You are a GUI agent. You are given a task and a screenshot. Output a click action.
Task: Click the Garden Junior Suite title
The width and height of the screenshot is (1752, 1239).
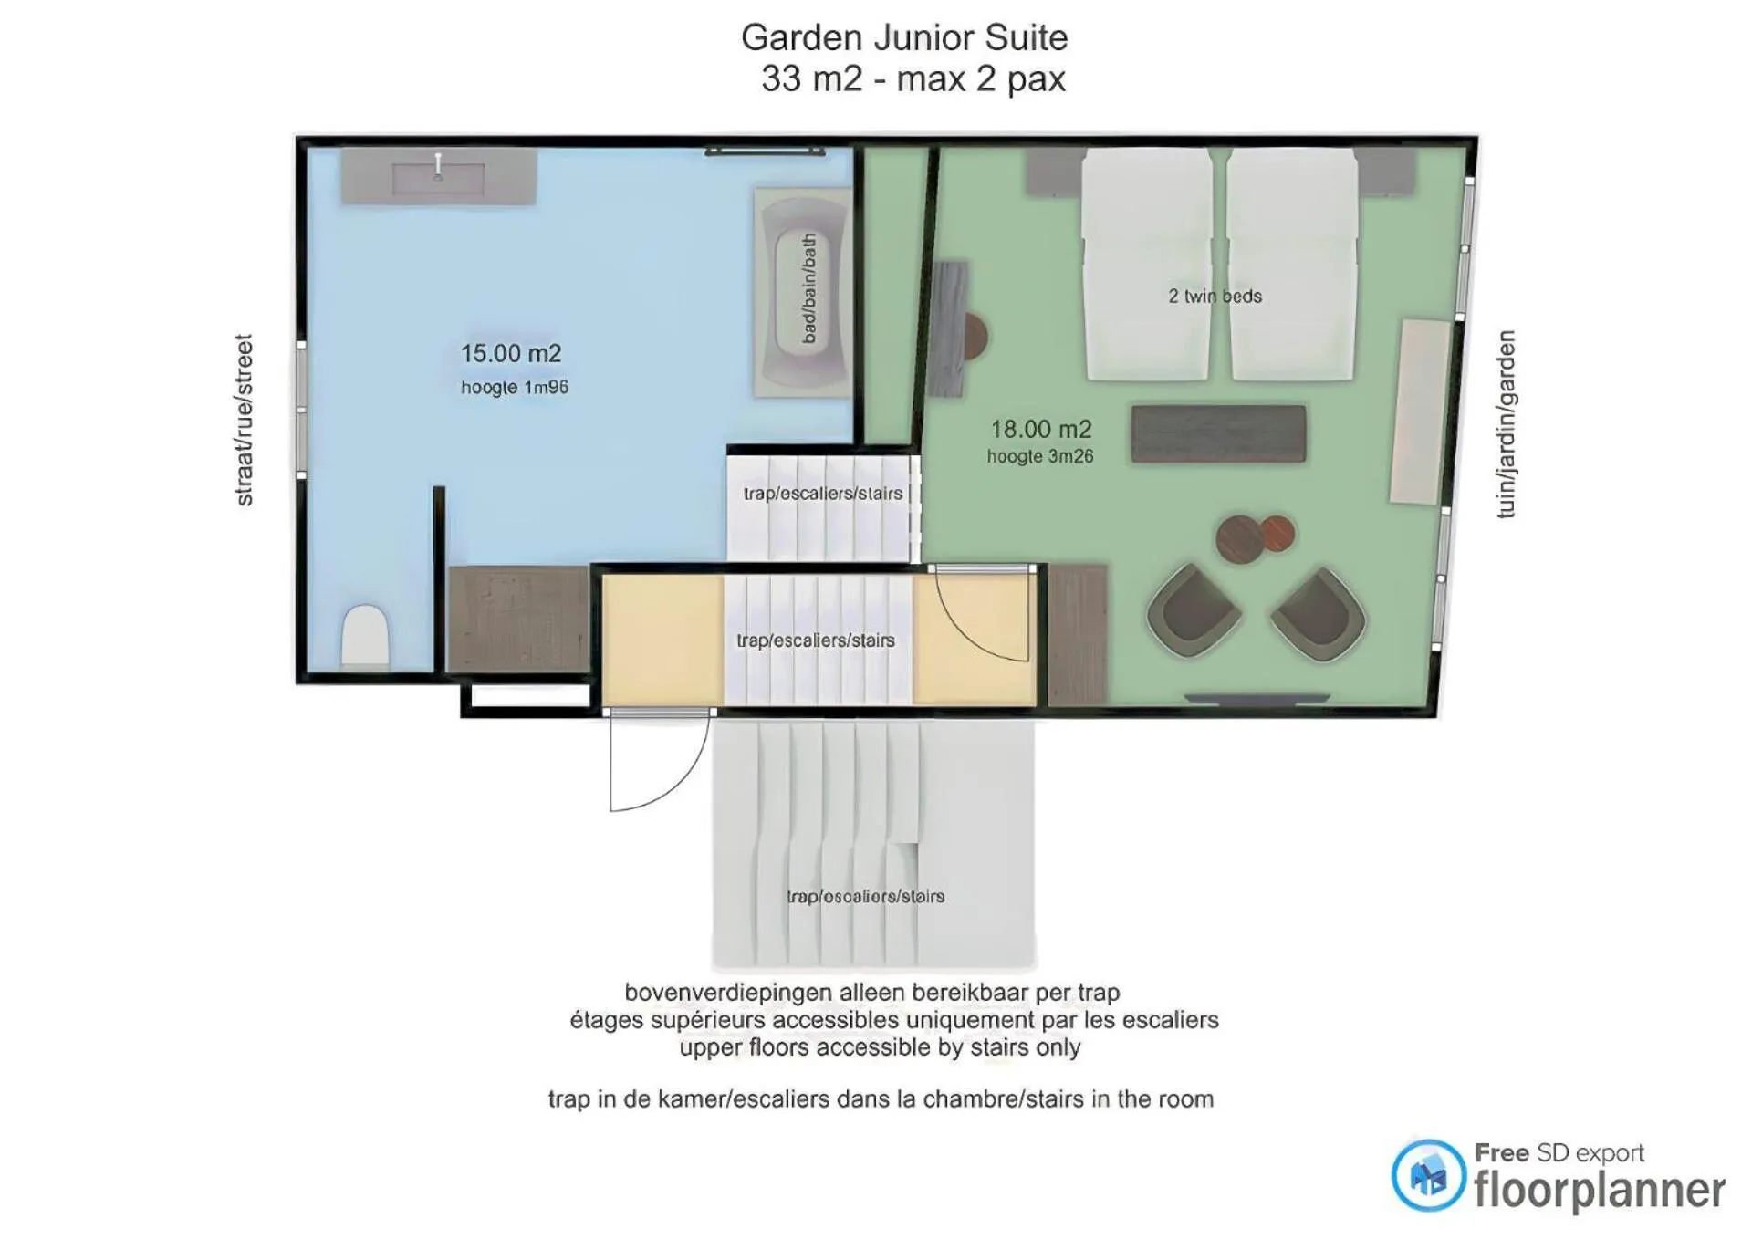pos(903,38)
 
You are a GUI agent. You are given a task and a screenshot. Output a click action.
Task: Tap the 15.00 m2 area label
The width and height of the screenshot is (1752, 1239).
pos(511,353)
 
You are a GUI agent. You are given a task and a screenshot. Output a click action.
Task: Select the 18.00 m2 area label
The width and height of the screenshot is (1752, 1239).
pos(1041,429)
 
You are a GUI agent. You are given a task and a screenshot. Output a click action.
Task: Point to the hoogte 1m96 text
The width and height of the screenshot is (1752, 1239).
pos(515,388)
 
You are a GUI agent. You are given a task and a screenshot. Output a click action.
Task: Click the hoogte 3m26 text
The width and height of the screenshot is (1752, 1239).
pos(1040,456)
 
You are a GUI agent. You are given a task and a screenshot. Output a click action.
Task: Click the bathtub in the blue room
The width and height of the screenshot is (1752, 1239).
pos(803,292)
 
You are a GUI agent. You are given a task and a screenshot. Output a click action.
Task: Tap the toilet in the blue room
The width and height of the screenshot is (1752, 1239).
pos(365,636)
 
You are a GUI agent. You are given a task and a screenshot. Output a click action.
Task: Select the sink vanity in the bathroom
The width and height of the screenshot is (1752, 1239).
pos(439,175)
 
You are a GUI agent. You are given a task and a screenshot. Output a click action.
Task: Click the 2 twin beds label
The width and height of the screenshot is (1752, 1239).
pos(1215,296)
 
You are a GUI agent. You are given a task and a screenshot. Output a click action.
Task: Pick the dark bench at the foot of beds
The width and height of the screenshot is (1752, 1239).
pos(1219,433)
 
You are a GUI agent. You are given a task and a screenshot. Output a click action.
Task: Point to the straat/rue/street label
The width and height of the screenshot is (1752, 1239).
pos(244,420)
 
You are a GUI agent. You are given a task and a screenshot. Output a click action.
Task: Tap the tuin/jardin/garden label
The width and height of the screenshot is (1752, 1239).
pos(1507,424)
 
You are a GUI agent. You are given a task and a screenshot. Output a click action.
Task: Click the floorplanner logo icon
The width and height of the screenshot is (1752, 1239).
pos(1428,1175)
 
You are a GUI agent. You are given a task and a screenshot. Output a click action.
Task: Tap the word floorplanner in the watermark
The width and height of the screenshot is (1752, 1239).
pos(1600,1190)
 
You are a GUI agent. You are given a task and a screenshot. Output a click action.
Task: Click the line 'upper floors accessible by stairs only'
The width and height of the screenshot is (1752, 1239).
pos(880,1047)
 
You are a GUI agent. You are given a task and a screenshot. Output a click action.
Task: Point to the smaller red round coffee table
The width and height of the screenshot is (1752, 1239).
pos(1277,533)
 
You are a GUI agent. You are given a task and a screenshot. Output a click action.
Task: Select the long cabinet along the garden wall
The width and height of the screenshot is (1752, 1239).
pos(1420,411)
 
